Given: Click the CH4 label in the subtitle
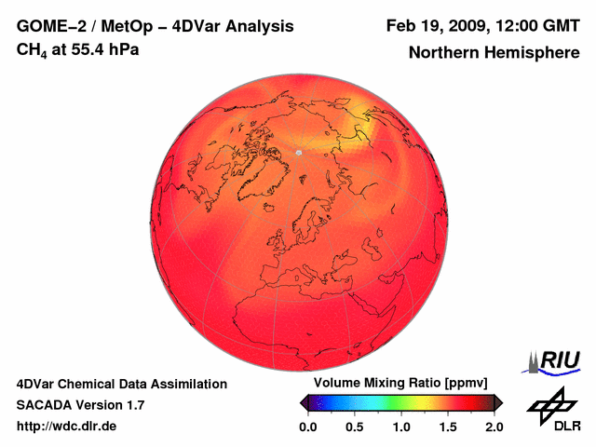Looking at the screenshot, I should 31,50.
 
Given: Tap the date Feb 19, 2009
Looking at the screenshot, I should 432,26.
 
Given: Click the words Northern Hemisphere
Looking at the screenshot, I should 494,53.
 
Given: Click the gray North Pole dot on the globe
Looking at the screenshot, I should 298,152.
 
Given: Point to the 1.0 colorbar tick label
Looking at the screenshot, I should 400,427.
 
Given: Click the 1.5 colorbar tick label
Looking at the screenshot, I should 447,427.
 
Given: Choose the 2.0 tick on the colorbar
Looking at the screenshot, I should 494,427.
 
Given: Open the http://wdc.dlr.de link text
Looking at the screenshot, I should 67,427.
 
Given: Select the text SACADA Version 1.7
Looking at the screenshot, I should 80,405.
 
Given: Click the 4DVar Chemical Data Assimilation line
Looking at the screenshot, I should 121,384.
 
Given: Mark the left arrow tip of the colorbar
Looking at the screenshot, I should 302,402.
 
